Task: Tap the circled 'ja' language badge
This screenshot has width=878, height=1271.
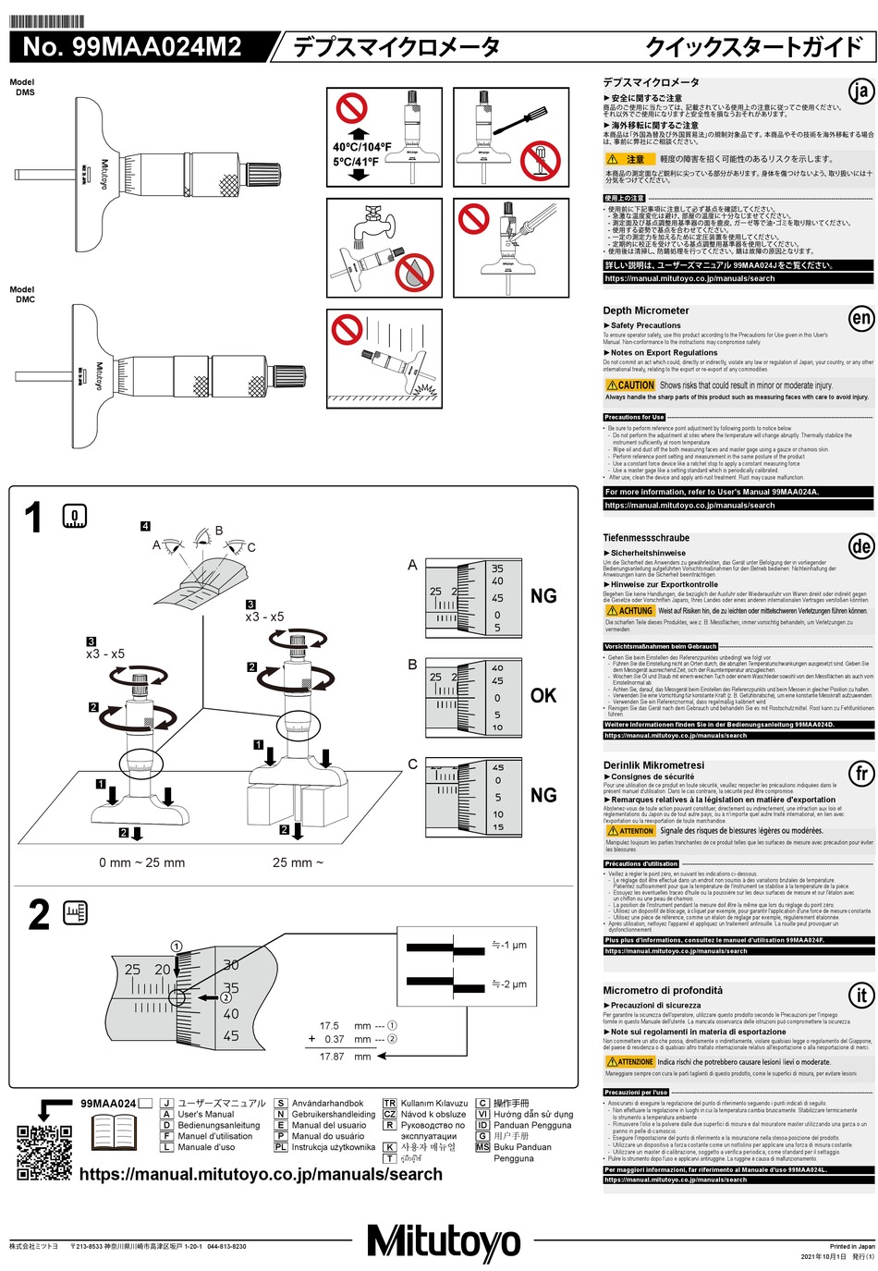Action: point(860,91)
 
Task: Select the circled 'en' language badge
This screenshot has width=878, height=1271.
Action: point(860,319)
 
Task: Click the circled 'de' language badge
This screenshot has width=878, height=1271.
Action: point(860,546)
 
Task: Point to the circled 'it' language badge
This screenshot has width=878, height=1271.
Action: point(860,996)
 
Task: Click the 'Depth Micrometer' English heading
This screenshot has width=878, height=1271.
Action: point(646,311)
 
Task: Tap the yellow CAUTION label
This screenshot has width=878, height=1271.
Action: point(630,385)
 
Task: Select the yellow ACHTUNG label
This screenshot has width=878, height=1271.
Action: point(630,611)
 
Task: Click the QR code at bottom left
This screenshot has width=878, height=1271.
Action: point(44,1152)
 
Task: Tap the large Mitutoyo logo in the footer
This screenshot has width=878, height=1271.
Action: point(444,1241)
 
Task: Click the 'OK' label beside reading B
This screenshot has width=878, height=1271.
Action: point(543,696)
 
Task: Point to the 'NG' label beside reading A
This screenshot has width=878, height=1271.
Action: point(543,596)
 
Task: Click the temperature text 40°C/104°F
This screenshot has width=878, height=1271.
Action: point(361,147)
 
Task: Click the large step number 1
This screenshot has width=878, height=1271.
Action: point(33,519)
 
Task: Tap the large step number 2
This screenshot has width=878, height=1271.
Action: point(38,915)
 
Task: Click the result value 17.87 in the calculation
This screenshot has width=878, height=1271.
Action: point(332,1056)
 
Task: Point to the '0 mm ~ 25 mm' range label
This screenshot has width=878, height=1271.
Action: point(141,862)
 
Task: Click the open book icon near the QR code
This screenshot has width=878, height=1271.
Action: point(115,1132)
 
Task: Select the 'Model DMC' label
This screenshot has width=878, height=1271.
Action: point(23,294)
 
